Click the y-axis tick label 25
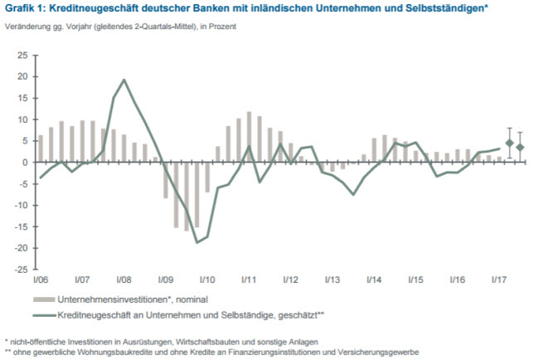tap(22, 56)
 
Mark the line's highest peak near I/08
tap(124, 80)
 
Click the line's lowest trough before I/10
tap(197, 242)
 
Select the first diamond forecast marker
tap(509, 143)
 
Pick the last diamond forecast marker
tap(520, 148)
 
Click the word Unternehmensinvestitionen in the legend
tap(105, 299)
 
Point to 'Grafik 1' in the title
tap(25, 9)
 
